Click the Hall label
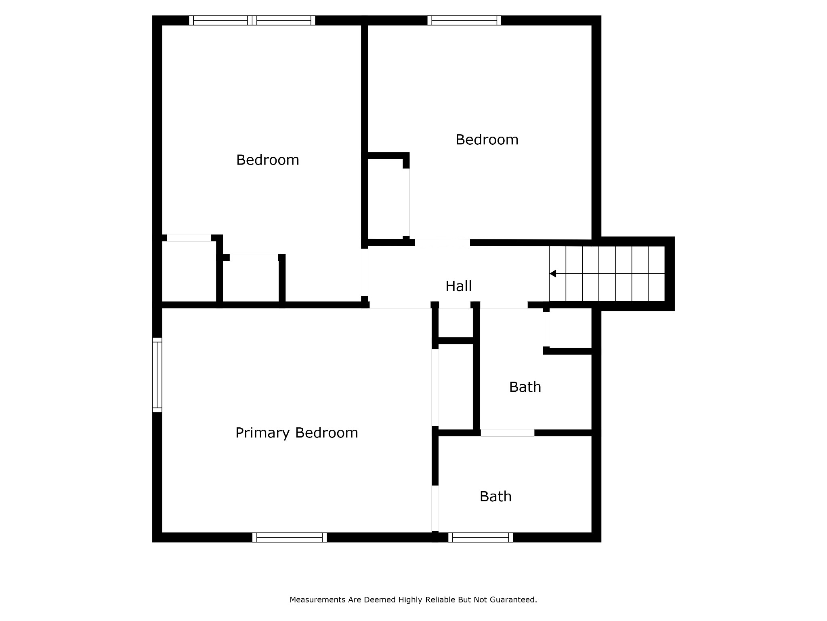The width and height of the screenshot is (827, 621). [x=458, y=286]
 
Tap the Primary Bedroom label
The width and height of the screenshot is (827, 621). [x=296, y=433]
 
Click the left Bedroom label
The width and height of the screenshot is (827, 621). [x=267, y=160]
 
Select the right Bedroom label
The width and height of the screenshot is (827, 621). [x=487, y=140]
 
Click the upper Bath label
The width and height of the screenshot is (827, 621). [x=525, y=387]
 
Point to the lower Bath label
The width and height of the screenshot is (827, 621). [x=495, y=496]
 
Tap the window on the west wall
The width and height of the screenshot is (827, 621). [x=157, y=375]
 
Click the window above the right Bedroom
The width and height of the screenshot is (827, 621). [x=464, y=20]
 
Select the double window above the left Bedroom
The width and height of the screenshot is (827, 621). [x=252, y=20]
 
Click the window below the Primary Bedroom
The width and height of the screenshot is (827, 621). [x=290, y=537]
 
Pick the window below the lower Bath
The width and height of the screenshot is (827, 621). [x=481, y=537]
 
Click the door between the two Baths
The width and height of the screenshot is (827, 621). [x=507, y=433]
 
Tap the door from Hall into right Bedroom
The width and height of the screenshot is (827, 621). [x=442, y=243]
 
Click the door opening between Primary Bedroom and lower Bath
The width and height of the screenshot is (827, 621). [x=435, y=509]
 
